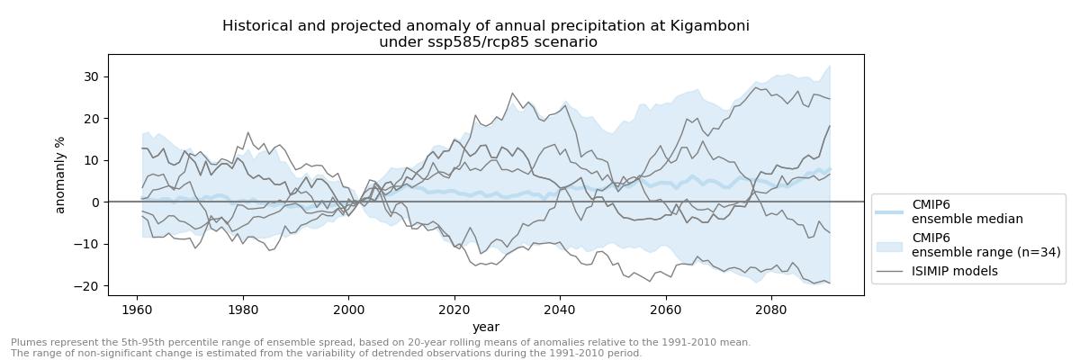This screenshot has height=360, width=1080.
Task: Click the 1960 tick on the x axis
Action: pos(136,309)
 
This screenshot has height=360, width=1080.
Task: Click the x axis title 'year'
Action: pos(486,328)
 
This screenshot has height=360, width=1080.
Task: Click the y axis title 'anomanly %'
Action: pos(61,169)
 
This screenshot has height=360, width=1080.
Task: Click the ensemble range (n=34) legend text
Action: pos(967,251)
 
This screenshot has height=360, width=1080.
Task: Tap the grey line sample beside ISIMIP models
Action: pos(890,271)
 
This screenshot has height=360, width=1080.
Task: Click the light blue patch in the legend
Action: pos(890,245)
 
